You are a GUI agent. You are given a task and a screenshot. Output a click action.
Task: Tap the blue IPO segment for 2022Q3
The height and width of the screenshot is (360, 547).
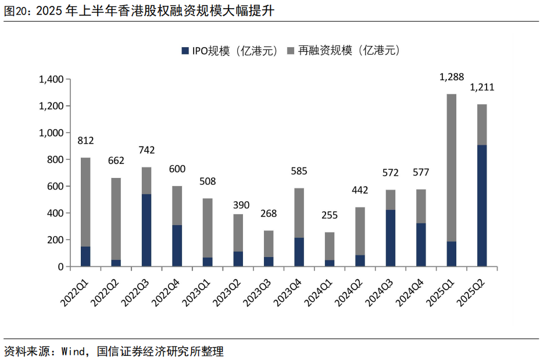click(x=146, y=230)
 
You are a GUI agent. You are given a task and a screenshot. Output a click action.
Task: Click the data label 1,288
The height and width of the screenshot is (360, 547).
click(x=451, y=76)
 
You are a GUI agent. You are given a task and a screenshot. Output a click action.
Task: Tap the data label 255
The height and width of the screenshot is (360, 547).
click(x=330, y=215)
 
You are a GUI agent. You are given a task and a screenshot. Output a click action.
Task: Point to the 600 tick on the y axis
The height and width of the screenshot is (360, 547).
click(x=55, y=186)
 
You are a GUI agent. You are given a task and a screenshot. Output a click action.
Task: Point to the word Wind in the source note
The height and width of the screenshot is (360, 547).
click(x=73, y=351)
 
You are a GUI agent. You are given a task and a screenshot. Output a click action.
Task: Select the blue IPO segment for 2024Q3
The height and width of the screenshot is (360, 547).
click(x=391, y=238)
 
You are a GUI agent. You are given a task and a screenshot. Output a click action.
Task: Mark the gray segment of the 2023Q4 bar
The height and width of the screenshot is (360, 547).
click(x=299, y=213)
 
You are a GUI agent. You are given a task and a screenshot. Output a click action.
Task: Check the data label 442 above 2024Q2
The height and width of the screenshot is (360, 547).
click(x=360, y=190)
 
